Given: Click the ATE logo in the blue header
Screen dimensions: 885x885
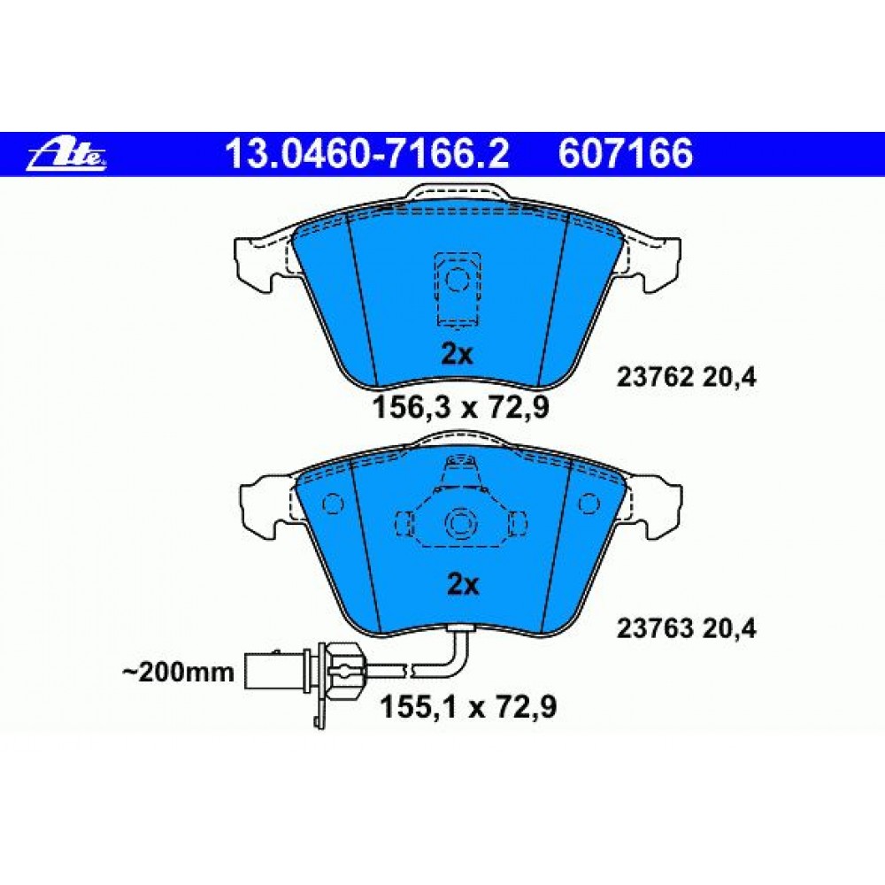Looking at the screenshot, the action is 67,154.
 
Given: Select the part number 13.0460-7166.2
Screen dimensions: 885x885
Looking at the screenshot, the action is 367,154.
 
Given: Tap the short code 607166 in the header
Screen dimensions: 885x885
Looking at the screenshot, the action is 626,154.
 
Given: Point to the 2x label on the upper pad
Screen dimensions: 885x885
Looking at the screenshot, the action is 457,355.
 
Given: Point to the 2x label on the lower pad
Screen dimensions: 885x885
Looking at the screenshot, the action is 462,585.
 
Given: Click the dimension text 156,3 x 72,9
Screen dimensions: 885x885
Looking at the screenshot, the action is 460,407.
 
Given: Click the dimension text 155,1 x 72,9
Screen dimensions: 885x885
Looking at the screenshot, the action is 468,706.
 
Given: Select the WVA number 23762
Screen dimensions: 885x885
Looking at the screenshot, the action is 655,378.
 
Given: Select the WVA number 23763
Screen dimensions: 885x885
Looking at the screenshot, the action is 655,628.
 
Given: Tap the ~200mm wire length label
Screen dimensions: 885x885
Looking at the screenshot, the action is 178,673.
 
